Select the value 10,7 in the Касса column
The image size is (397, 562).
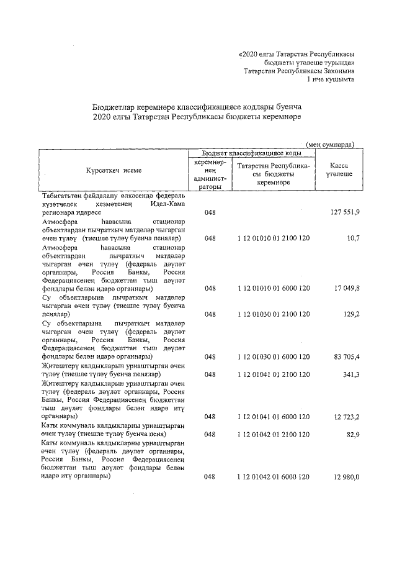click(353, 238)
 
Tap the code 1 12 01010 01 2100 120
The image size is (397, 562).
click(274, 238)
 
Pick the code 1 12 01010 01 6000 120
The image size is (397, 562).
click(274, 288)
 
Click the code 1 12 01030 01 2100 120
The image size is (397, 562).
click(274, 314)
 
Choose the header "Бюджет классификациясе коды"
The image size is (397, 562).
click(252, 153)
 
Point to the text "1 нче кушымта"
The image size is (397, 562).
click(331, 79)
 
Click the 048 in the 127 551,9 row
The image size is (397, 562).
click(210, 212)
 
